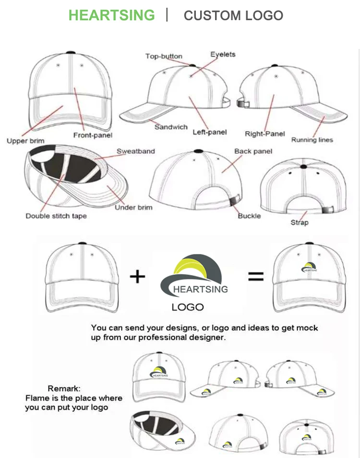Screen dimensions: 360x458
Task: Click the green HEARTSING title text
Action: (112, 15)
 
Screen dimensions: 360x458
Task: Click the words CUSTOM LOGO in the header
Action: (233, 15)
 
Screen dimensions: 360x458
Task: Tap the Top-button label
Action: (164, 57)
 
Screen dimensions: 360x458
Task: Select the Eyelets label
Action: (223, 54)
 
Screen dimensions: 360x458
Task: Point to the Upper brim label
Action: (25, 141)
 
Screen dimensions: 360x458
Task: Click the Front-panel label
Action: (93, 135)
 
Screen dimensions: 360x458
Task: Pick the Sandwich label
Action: (171, 127)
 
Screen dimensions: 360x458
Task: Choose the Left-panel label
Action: (210, 132)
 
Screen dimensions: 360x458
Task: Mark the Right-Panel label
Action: (264, 134)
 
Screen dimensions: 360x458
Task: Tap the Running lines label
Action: (312, 140)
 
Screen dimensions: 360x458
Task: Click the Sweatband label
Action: (136, 151)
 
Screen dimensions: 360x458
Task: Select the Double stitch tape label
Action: (56, 216)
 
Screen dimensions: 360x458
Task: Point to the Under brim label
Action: (133, 207)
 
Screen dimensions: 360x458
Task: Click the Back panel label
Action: (253, 151)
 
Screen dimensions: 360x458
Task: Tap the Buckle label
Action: (249, 216)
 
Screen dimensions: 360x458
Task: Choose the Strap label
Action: (300, 222)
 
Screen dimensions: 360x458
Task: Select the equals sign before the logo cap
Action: (255, 276)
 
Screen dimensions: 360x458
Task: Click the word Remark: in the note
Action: (64, 388)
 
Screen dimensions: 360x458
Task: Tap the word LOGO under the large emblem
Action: (188, 307)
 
